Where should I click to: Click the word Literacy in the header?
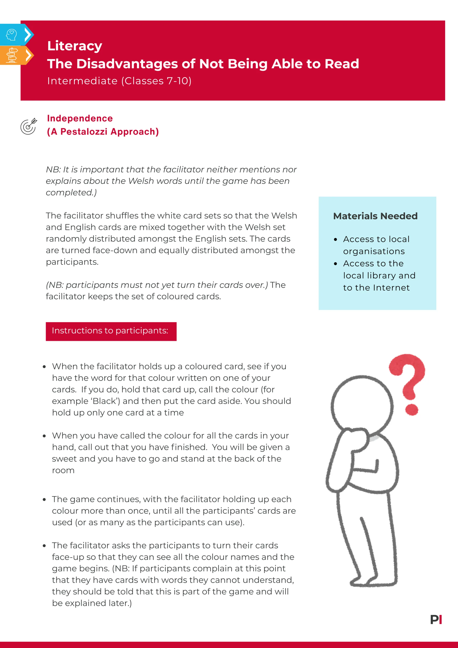pos(74,46)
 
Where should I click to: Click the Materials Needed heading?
pos(375,216)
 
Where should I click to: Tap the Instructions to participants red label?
pos(111,331)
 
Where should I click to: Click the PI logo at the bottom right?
pos(436,620)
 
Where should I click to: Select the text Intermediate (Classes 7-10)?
pos(119,81)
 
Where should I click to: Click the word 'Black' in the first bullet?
pos(106,401)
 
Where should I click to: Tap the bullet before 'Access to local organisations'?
pos(335,240)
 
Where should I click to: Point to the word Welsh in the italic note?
pos(140,181)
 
